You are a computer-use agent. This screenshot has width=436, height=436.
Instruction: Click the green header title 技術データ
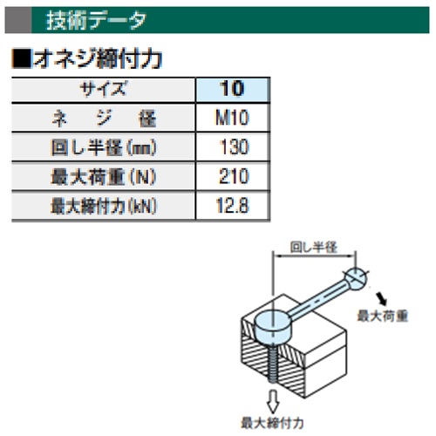pyautogui.click(x=96, y=20)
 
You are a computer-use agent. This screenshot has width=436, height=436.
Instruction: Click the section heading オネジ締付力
pyautogui.click(x=98, y=59)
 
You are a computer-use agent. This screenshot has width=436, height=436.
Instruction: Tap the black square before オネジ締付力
pyautogui.click(x=21, y=59)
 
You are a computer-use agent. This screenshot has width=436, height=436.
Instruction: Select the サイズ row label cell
pyautogui.click(x=104, y=89)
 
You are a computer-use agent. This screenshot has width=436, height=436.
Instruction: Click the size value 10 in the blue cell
pyautogui.click(x=232, y=89)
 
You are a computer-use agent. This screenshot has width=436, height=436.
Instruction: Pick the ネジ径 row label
pyautogui.click(x=104, y=119)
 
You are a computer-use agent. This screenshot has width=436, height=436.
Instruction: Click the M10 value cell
pyautogui.click(x=232, y=118)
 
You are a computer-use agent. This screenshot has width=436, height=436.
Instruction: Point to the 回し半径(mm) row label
pyautogui.click(x=104, y=147)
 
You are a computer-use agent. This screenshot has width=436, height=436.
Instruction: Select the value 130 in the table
pyautogui.click(x=234, y=146)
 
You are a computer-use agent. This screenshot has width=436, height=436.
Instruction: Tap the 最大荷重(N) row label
pyautogui.click(x=104, y=177)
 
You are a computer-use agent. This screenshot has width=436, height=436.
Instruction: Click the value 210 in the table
pyautogui.click(x=234, y=176)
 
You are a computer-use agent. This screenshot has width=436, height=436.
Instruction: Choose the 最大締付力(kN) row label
pyautogui.click(x=104, y=206)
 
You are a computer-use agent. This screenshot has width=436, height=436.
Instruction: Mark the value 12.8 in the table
pyautogui.click(x=232, y=206)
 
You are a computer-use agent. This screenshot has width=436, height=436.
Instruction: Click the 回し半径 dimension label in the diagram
pyautogui.click(x=314, y=248)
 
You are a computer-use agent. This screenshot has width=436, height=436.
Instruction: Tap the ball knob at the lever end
pyautogui.click(x=356, y=278)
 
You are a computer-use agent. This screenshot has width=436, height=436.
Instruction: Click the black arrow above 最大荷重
pyautogui.click(x=381, y=299)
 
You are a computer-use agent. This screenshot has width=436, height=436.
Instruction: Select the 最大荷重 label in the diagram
pyautogui.click(x=382, y=316)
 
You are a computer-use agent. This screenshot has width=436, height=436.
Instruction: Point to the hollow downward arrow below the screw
pyautogui.click(x=273, y=402)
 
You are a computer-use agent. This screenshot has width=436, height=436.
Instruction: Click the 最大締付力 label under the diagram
pyautogui.click(x=272, y=423)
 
